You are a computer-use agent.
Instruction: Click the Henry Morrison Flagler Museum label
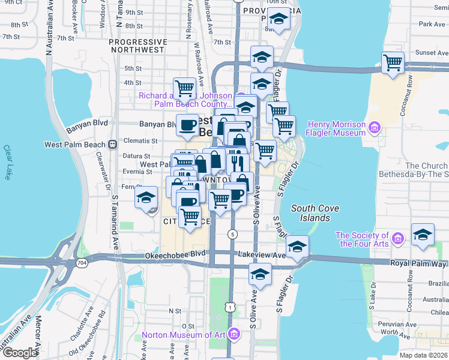tap(336, 128)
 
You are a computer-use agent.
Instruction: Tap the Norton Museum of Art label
tap(185, 334)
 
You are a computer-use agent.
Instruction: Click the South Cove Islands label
tap(311, 212)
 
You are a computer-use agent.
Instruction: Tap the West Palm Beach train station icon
tap(112, 145)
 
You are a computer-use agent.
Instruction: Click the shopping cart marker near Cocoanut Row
tap(393, 62)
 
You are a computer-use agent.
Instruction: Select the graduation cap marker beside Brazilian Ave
tap(423, 236)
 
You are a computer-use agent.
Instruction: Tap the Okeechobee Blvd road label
tap(175, 254)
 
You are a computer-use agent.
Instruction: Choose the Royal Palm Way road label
tap(418, 263)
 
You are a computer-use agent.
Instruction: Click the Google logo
tap(20, 353)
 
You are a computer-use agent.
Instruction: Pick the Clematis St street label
tap(140, 141)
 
